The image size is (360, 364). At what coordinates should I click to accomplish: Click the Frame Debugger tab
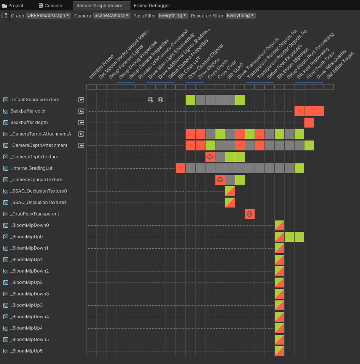152,6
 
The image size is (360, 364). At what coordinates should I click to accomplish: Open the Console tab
50,6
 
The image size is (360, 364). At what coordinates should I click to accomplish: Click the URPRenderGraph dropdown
48,16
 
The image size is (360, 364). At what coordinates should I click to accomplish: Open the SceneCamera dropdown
112,16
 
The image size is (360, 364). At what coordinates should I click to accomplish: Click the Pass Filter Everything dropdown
173,16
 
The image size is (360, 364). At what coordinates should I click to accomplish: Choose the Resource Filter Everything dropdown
241,16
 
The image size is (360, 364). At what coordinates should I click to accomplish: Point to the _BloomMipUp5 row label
26,351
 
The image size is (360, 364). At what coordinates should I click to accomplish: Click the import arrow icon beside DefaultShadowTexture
81,100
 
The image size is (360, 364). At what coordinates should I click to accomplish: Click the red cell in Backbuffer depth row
309,123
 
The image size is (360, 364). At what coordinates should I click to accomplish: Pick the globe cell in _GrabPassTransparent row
250,214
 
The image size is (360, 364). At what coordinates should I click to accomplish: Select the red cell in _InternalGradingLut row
180,168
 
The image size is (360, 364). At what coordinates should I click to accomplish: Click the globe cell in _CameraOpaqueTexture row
220,180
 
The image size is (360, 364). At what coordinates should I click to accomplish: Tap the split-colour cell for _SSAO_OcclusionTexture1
230,203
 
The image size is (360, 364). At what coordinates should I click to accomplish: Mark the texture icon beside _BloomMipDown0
6,225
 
